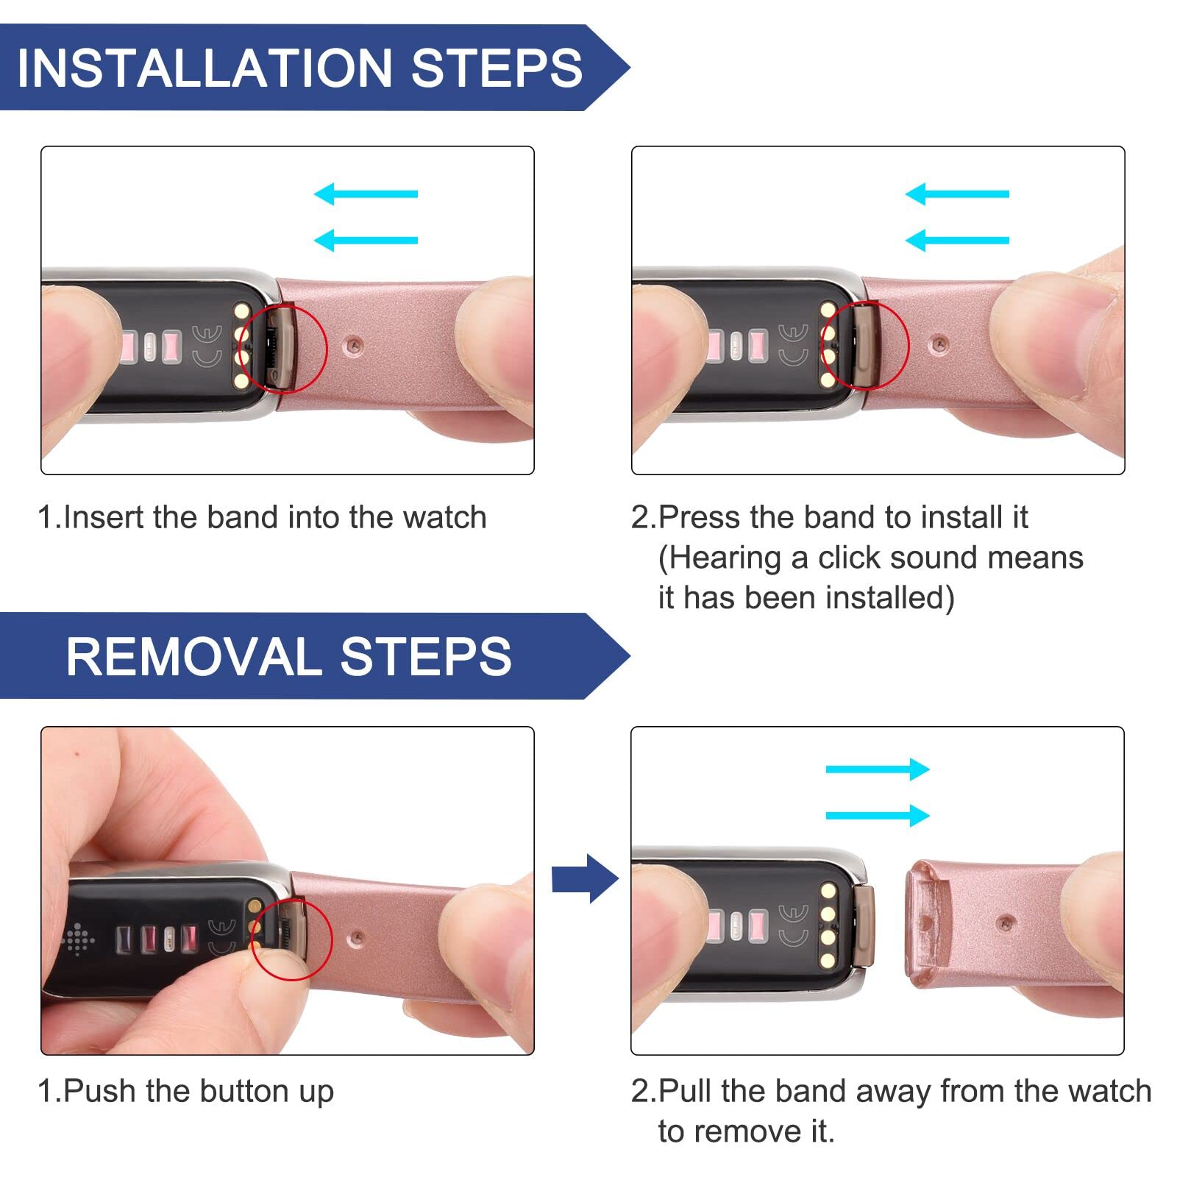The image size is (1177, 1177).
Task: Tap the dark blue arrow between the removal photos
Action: click(585, 878)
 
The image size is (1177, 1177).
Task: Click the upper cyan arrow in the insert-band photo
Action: click(366, 194)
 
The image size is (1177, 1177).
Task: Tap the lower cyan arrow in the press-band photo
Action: click(957, 241)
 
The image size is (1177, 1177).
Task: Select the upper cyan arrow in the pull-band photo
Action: click(878, 769)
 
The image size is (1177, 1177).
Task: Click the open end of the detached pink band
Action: click(920, 923)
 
